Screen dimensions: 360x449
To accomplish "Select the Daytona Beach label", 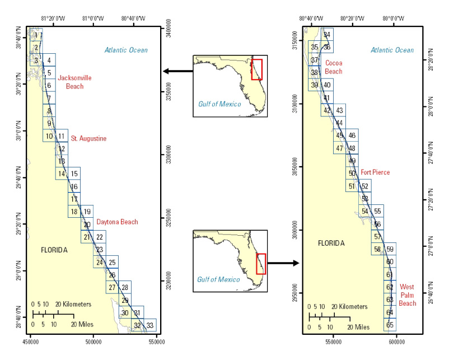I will (117, 222).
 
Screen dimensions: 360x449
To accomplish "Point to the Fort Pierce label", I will (375, 172).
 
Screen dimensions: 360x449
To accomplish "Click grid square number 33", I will (149, 325).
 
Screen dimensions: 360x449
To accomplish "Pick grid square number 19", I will (87, 212).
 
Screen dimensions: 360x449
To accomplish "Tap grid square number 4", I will (49, 60).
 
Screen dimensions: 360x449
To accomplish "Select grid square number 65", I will (390, 325).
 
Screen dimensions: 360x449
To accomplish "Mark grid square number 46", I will (352, 135).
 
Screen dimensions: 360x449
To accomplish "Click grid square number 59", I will (390, 249).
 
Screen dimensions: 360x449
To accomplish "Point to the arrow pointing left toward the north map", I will (176, 71).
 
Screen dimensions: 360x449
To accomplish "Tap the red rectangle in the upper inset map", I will (256, 69).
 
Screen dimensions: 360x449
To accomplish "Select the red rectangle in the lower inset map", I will (260, 263).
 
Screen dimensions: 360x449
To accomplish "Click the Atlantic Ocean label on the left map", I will (126, 50).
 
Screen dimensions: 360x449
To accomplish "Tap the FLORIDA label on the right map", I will (333, 244).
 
